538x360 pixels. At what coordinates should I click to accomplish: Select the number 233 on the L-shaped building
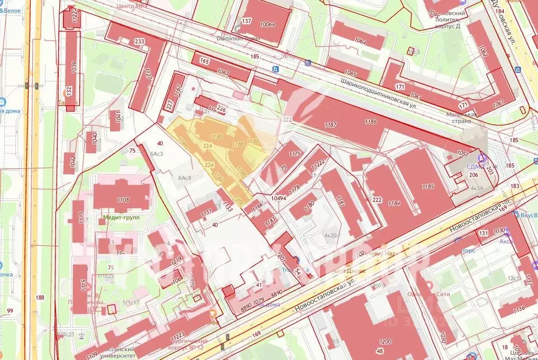[140, 42]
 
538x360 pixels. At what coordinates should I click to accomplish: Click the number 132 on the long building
[68, 90]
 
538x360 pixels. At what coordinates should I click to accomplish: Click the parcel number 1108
[123, 200]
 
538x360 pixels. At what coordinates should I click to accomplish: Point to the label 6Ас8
[184, 178]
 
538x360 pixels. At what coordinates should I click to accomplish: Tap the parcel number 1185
[428, 186]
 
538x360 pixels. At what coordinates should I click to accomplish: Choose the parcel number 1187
[331, 124]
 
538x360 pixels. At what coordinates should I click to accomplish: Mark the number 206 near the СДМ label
[474, 175]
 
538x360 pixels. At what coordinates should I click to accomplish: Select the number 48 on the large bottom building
[379, 350]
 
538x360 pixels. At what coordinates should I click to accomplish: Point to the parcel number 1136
[519, 309]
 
